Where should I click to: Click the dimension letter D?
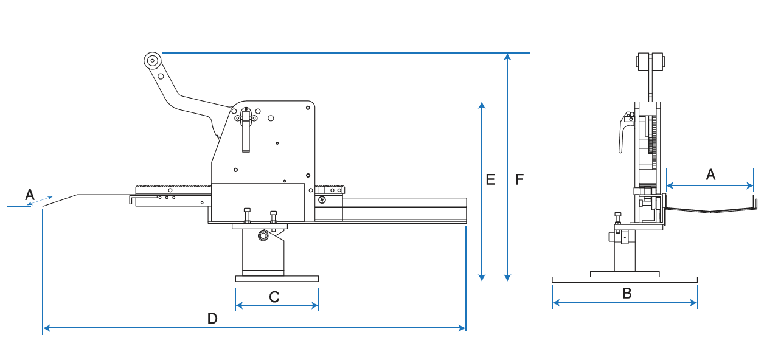212,318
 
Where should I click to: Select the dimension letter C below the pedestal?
274,297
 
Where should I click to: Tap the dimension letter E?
490,179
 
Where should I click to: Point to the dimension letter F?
519,179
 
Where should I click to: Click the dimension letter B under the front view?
627,293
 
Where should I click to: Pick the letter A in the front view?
710,175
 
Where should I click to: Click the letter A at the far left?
29,195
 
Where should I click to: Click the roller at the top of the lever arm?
152,60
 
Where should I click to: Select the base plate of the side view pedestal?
277,279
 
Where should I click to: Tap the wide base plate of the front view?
625,280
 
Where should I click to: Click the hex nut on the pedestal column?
263,235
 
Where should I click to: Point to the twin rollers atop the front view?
650,62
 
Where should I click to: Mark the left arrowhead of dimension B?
555,302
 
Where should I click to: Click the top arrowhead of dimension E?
482,105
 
